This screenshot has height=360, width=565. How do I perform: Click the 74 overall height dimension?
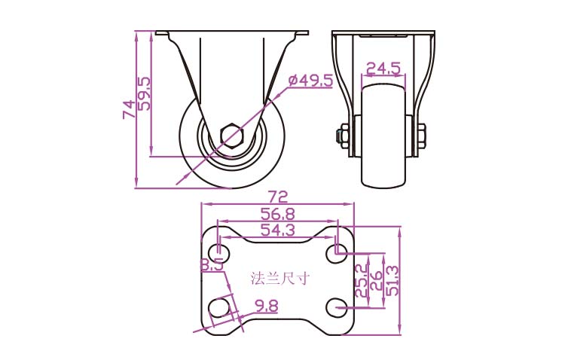[129, 109]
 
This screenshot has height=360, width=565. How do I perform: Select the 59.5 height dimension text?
[145, 93]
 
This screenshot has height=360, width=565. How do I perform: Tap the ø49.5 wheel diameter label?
[310, 81]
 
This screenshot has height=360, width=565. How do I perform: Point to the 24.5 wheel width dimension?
[383, 68]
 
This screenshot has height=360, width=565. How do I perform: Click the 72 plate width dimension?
[279, 197]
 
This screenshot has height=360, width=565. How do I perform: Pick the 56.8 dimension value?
[278, 214]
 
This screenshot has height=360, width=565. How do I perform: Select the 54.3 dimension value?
[278, 230]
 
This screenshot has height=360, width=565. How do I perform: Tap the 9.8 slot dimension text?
[267, 307]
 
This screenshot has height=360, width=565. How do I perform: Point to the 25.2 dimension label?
[362, 280]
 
